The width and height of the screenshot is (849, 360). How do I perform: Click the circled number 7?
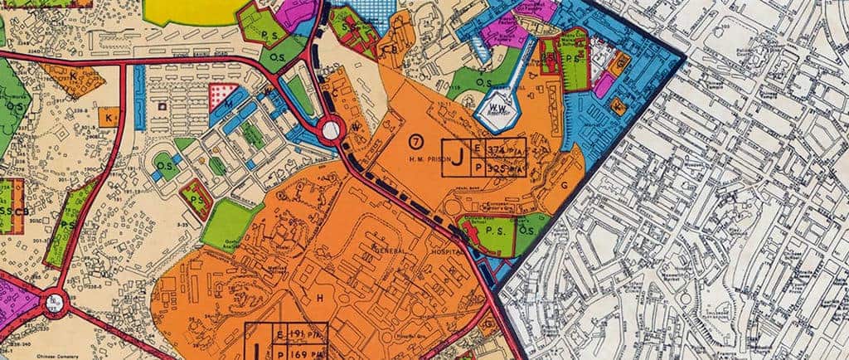pyautogui.click(x=415, y=137)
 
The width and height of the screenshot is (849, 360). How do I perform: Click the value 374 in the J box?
pyautogui.click(x=497, y=148)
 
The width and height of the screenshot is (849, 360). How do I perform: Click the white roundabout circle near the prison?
pyautogui.click(x=331, y=129)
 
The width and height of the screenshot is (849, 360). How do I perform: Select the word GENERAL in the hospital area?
pyautogui.click(x=395, y=249)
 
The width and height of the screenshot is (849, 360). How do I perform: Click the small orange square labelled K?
pyautogui.click(x=108, y=117)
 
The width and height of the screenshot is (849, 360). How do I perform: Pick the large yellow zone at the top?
pyautogui.click(x=191, y=10)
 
